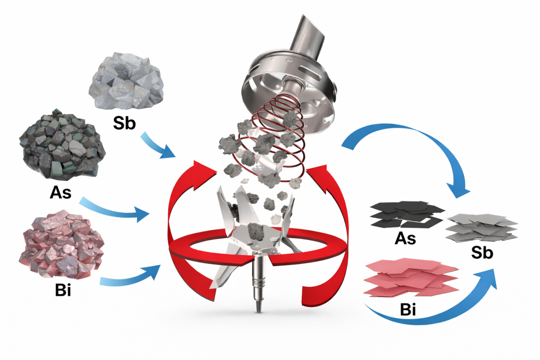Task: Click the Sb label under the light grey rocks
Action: [125, 123]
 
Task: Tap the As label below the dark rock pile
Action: [60, 192]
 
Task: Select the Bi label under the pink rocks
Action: [63, 290]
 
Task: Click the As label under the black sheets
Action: [405, 238]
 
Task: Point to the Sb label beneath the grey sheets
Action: [482, 252]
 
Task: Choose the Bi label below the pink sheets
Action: [408, 309]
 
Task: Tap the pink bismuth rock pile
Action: [62, 245]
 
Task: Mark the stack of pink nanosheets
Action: [411, 277]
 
